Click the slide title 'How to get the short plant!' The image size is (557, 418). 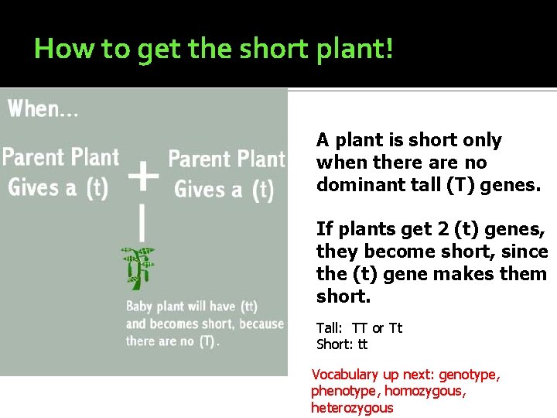click(214, 50)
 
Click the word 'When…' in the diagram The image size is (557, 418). click(43, 109)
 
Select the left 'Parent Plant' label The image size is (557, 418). click(61, 157)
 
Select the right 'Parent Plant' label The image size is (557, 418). click(227, 159)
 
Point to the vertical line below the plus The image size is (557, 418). click(142, 222)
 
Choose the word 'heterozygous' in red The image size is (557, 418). click(352, 408)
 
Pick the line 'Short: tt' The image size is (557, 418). click(342, 344)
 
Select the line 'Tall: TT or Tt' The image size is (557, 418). click(360, 328)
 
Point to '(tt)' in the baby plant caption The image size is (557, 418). click(248, 307)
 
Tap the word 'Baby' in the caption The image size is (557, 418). click(140, 307)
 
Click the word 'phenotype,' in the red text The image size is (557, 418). click(345, 392)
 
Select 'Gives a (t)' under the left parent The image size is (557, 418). click(58, 187)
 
